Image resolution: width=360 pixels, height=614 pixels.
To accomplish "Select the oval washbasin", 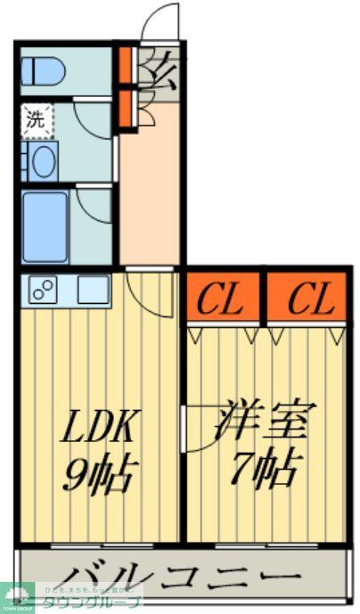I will [x=41, y=161].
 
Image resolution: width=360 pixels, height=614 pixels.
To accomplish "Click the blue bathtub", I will [x=45, y=226].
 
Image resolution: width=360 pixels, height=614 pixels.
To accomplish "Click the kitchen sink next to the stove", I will [x=93, y=289].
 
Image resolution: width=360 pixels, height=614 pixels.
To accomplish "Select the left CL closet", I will [x=221, y=300].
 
